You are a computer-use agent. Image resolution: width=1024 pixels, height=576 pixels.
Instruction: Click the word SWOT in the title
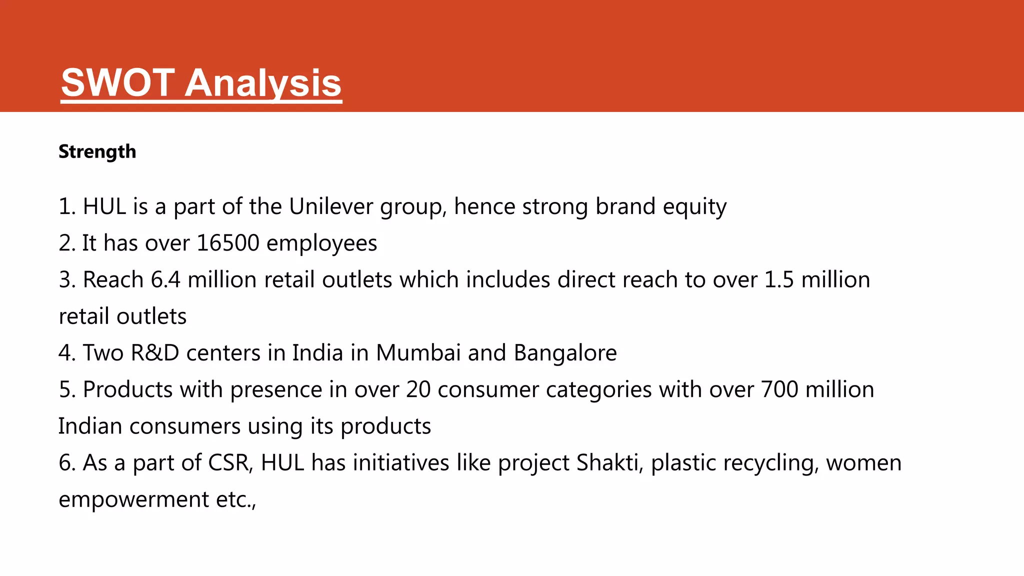118,82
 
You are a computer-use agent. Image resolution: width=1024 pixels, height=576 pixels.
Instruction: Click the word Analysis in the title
263,83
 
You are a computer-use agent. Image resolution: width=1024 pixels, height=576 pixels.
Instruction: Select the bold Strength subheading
97,151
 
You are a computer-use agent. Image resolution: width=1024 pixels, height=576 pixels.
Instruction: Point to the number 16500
228,243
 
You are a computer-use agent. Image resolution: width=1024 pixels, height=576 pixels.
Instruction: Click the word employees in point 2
321,243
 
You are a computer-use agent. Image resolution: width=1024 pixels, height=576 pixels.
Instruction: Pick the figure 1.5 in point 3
779,279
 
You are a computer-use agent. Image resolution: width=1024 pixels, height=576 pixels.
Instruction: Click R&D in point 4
154,353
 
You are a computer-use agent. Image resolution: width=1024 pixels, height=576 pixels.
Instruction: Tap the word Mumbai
418,353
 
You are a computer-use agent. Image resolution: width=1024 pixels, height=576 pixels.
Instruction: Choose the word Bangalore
565,353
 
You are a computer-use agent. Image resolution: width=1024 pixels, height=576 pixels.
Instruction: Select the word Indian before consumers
90,426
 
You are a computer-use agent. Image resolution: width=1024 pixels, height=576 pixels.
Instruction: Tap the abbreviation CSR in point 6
230,462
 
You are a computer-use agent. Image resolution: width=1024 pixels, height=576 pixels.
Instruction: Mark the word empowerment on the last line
133,499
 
